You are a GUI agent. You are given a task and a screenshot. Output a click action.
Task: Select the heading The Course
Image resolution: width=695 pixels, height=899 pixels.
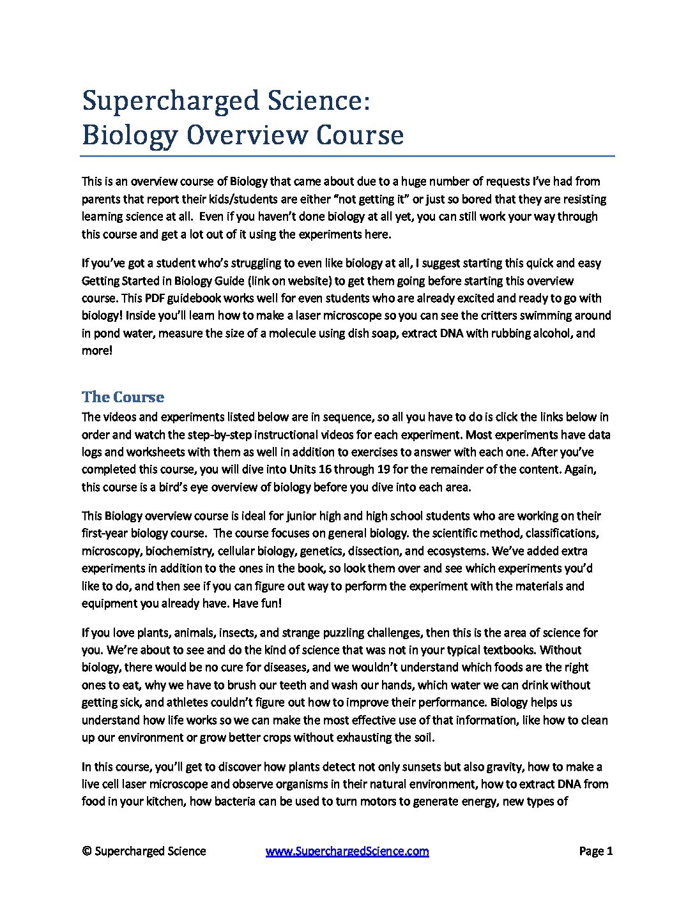click(123, 397)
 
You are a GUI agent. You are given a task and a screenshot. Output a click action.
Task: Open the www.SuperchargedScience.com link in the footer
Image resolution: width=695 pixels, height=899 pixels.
click(347, 851)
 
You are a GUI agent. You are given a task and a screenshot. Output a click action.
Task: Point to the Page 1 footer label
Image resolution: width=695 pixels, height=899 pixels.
click(595, 851)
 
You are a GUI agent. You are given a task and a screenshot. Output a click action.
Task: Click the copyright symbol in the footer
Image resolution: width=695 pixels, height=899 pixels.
click(86, 851)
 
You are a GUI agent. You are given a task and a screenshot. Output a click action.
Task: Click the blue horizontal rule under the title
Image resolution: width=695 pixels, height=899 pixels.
click(347, 156)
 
